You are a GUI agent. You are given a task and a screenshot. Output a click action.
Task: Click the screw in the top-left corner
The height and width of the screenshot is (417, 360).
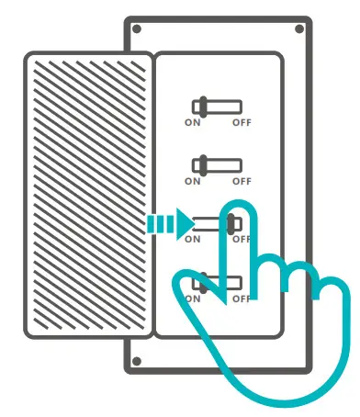[136, 29]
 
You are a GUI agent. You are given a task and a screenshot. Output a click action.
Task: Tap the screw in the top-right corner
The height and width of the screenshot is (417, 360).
[298, 29]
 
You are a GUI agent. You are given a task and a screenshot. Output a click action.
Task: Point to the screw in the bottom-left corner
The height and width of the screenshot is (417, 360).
[136, 360]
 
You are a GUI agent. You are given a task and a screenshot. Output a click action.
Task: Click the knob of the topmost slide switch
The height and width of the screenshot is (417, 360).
[199, 107]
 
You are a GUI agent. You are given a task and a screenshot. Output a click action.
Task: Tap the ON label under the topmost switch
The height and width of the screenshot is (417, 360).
[192, 122]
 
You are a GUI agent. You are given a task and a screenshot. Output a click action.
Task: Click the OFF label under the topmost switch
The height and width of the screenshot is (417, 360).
[241, 122]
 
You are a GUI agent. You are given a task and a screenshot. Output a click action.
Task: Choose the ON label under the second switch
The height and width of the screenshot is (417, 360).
[192, 181]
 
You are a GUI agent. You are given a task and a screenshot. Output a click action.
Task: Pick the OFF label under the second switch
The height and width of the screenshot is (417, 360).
[241, 181]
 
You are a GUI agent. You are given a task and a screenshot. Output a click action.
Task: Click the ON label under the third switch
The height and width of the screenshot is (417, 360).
[192, 240]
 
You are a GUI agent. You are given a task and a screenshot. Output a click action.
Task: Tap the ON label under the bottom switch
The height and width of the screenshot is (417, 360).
[192, 299]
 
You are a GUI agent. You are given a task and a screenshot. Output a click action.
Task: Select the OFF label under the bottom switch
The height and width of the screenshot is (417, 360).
[241, 299]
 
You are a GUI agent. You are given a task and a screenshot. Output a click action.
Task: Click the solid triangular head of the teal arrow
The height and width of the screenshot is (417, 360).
[184, 222]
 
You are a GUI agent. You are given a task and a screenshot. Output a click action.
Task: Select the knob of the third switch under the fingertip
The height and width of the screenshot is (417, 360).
[232, 223]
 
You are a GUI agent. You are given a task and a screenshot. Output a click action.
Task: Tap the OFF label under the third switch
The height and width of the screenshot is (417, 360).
[241, 240]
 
